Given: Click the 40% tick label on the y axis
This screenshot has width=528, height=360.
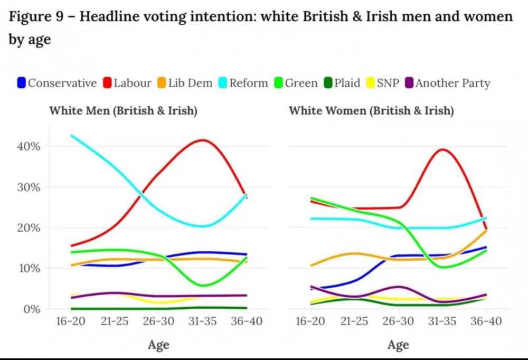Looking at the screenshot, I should pyautogui.click(x=30, y=146).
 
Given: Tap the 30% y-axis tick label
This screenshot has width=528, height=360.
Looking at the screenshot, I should pyautogui.click(x=30, y=187).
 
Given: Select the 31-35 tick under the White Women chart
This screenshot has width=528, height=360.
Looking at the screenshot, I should pyautogui.click(x=442, y=321).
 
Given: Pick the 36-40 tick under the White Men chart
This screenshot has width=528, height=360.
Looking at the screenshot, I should pyautogui.click(x=247, y=321).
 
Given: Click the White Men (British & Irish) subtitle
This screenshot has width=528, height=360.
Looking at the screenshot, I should pyautogui.click(x=123, y=111).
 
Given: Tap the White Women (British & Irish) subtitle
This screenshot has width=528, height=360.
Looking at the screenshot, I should pyautogui.click(x=371, y=111).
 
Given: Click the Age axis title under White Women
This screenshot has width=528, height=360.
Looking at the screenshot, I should pyautogui.click(x=398, y=345).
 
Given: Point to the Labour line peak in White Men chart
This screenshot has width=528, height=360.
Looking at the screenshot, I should pyautogui.click(x=203, y=140).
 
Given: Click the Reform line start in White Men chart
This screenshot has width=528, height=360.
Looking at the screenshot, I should pyautogui.click(x=71, y=136).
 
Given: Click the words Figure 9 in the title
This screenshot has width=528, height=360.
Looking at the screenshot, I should pyautogui.click(x=35, y=17).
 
